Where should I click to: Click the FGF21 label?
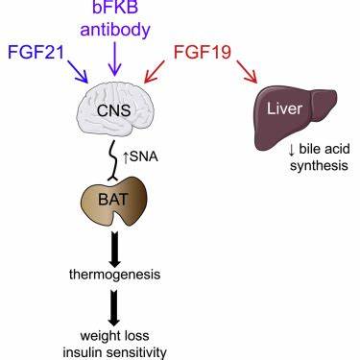pos(36,52)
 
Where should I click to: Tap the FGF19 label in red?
pos(203,52)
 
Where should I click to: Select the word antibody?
pos(115,31)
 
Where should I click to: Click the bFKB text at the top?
pos(115,7)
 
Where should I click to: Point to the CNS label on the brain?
pos(113,110)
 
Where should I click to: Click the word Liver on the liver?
pos(284,108)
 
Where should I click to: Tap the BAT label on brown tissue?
pos(113,200)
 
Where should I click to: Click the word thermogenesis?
pos(115,275)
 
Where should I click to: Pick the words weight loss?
pos(114,336)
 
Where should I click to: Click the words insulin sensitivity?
pos(114,352)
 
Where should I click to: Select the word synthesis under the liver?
pos(319,166)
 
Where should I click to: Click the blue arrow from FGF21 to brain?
pos(78,71)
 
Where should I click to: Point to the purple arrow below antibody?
pos(114,60)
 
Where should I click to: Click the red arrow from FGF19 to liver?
pos(247,72)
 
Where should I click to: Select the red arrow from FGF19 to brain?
pos(155,72)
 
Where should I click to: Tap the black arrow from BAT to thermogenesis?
pos(114,249)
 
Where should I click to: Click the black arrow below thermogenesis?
pos(114,308)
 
